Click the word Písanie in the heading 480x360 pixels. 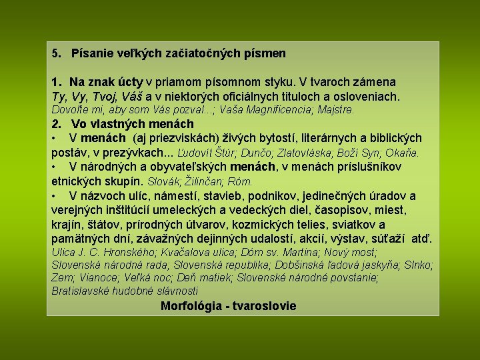tap(92, 53)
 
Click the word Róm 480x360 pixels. tap(240, 181)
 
